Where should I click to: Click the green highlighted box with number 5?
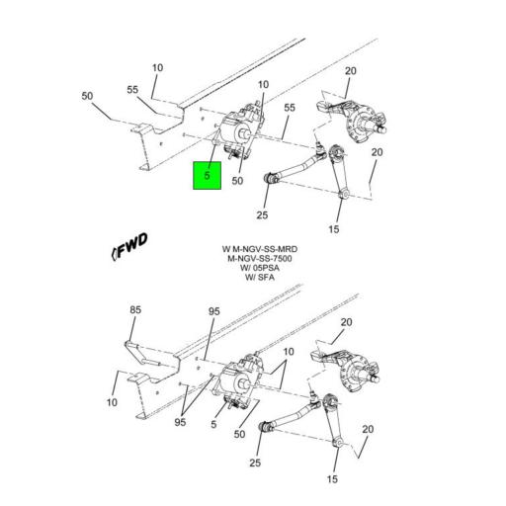click(x=207, y=176)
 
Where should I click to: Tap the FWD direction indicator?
click(x=129, y=246)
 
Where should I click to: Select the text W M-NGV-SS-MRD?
click(x=260, y=249)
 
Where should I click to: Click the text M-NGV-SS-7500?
click(x=260, y=259)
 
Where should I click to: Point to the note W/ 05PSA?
click(x=260, y=268)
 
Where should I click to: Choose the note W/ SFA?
click(x=260, y=278)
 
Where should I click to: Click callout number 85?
click(x=135, y=309)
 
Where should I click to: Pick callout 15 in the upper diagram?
click(x=334, y=229)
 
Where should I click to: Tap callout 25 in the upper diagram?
click(x=262, y=215)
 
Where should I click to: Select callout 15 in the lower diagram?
click(x=332, y=479)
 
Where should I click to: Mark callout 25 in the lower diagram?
click(x=255, y=463)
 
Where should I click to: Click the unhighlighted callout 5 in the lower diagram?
click(x=213, y=424)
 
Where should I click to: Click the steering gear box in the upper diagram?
click(x=239, y=130)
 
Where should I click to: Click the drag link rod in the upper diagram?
click(x=295, y=166)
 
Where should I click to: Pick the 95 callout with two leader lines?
click(x=180, y=422)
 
